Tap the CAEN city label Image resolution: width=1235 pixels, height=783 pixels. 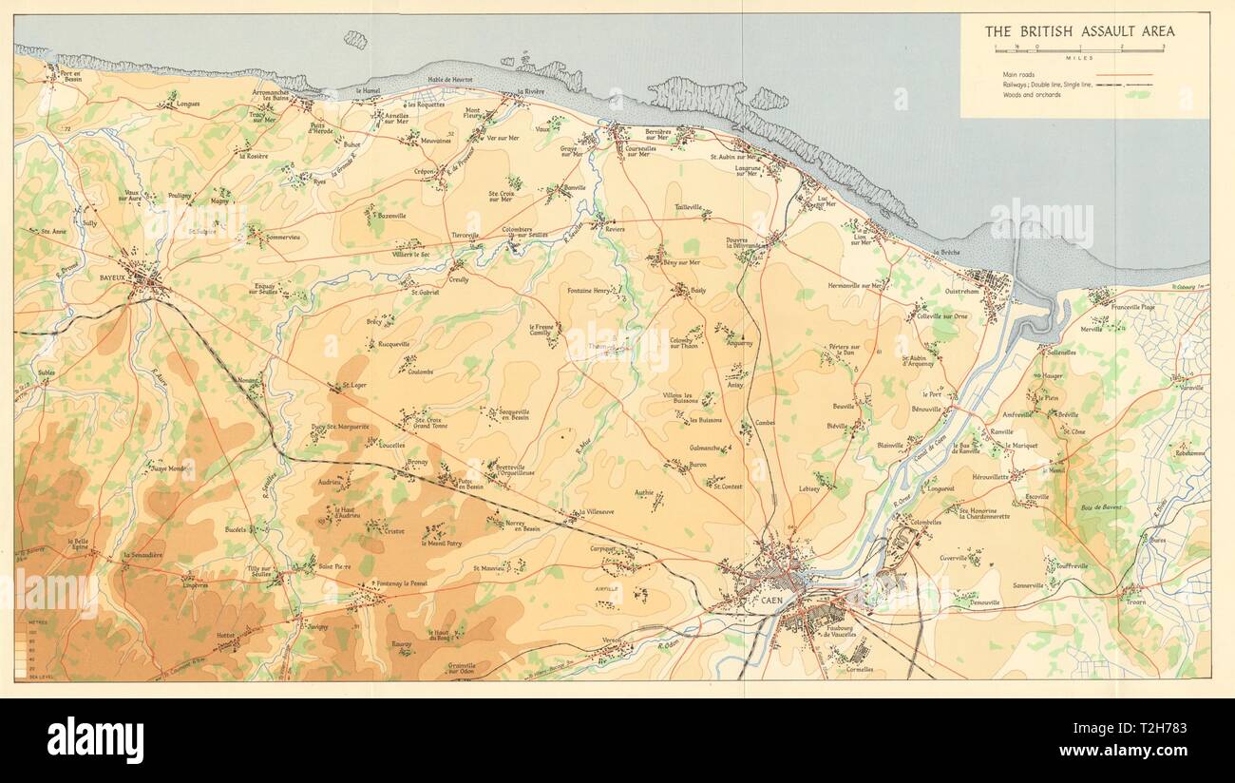click(757, 602)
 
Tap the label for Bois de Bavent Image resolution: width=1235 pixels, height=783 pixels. click(1100, 507)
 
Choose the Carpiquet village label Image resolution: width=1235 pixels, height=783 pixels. click(604, 549)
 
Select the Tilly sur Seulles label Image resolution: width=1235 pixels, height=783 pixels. click(258, 571)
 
